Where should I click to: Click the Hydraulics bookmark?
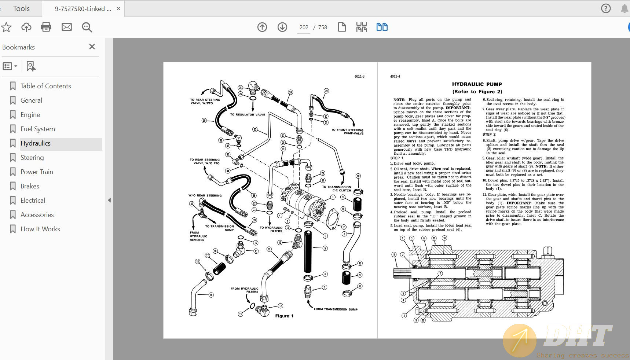tap(36, 143)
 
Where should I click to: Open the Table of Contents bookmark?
tap(45, 86)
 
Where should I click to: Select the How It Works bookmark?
tap(40, 229)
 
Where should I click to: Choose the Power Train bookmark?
tap(37, 172)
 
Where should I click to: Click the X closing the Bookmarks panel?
tap(92, 47)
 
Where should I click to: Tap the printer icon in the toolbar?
tap(46, 27)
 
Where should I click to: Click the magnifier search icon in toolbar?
tap(87, 27)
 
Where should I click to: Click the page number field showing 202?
tap(304, 27)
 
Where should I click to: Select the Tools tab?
tap(21, 8)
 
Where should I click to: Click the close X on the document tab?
tap(118, 8)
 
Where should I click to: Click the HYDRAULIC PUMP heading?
tap(477, 84)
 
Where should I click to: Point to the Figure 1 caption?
tap(284, 316)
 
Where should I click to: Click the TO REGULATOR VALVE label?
tap(248, 115)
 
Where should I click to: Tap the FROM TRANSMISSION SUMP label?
tap(336, 309)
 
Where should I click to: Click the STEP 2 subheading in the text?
tap(489, 135)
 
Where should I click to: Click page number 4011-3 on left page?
tap(359, 77)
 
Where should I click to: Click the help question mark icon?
tap(606, 8)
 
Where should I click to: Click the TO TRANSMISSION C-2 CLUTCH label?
tap(337, 189)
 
